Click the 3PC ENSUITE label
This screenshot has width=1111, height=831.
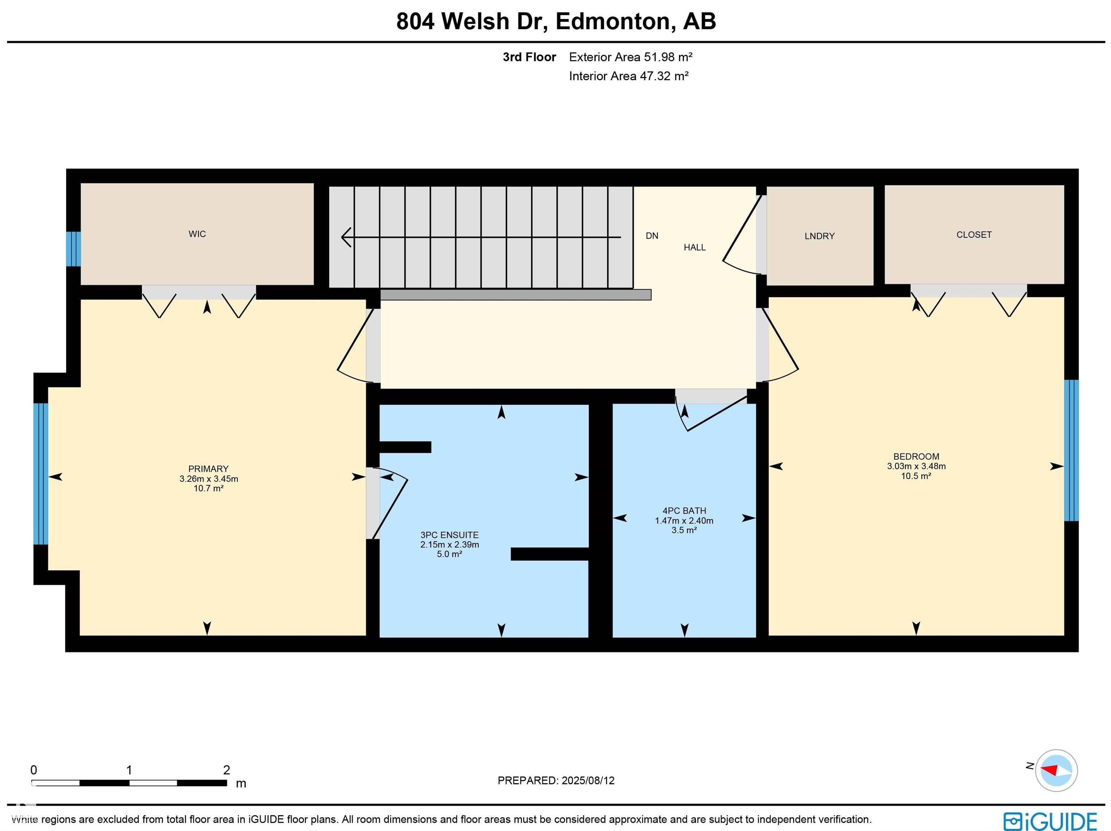tap(449, 535)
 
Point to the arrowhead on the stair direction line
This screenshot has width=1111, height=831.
tap(345, 237)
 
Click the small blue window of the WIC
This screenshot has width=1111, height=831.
tap(73, 249)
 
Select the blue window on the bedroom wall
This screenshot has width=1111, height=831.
tap(1071, 450)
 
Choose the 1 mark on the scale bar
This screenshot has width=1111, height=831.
tap(129, 770)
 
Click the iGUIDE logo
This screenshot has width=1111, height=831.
tap(1050, 822)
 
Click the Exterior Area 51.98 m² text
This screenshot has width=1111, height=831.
tap(630, 57)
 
